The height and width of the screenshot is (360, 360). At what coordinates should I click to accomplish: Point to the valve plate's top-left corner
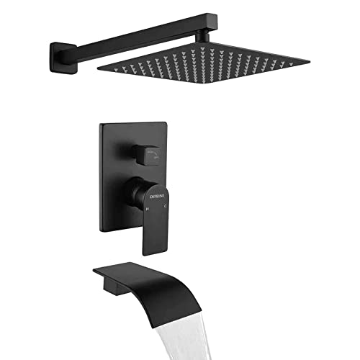(x=101, y=125)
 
